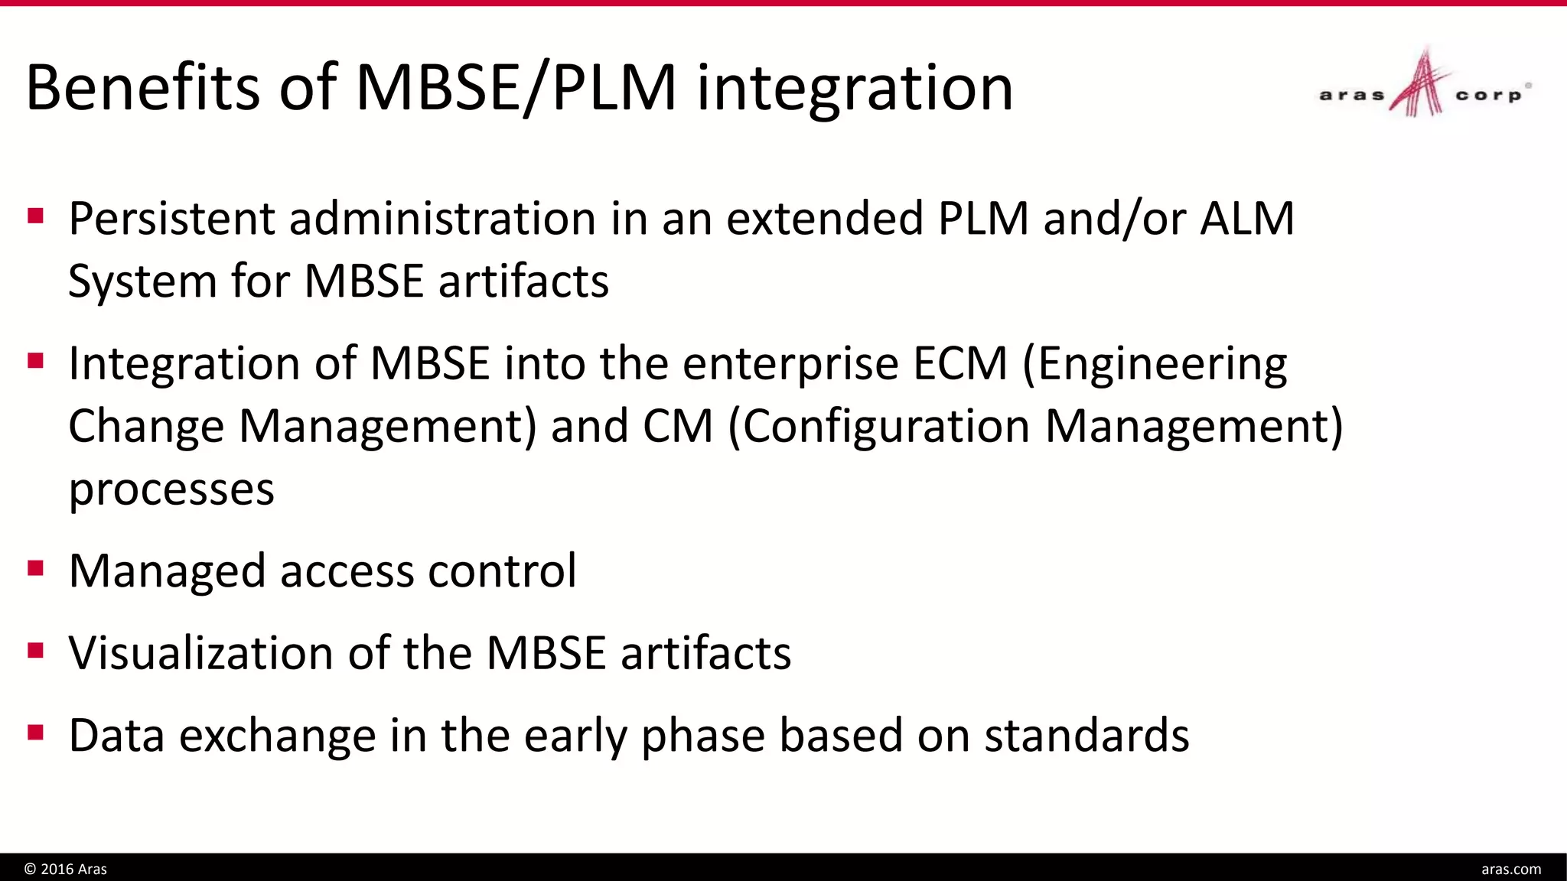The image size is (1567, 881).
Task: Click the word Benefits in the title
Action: pos(142,87)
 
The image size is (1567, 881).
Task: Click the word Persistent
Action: pos(171,219)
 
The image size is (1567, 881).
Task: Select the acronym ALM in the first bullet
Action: pos(1246,219)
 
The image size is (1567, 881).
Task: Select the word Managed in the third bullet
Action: pos(167,572)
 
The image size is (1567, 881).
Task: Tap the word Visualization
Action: pos(201,654)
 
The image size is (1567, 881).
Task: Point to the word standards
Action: pos(1086,736)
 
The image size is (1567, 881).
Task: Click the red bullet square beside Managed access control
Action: pos(35,568)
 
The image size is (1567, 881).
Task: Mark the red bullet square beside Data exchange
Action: pos(35,733)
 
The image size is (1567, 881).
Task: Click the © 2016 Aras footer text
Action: pos(66,869)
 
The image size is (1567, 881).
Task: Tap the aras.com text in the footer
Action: pos(1510,869)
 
